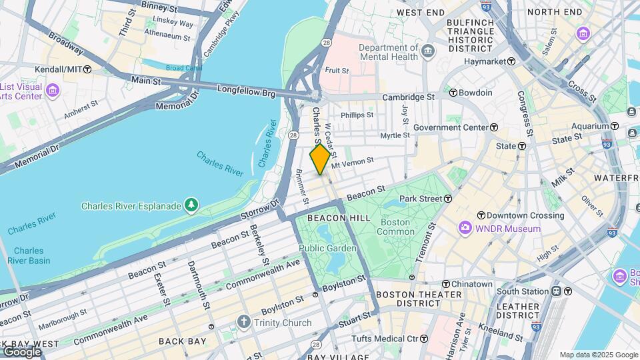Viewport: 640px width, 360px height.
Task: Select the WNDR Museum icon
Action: click(x=465, y=229)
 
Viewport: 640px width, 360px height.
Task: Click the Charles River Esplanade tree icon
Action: click(x=191, y=203)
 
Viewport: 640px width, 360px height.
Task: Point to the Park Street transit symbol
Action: click(x=448, y=199)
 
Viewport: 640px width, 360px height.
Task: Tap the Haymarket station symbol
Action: click(x=511, y=61)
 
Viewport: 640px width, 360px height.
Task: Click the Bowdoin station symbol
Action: click(x=453, y=93)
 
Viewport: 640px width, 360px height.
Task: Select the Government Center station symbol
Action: click(x=494, y=127)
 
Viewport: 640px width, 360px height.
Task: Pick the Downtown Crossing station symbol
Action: click(x=481, y=215)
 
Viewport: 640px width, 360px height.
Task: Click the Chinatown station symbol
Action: click(x=445, y=284)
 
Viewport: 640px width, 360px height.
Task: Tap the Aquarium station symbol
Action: click(x=614, y=126)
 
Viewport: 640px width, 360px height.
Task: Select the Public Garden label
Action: click(x=327, y=249)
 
